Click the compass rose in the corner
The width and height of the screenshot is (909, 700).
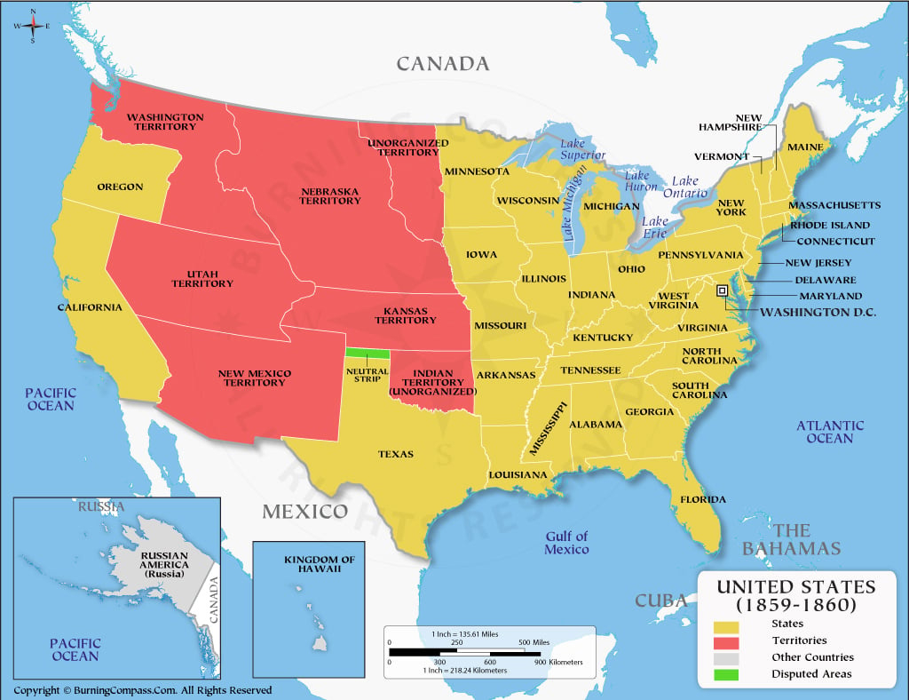[x=33, y=26]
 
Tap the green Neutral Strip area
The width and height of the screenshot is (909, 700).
[x=366, y=354]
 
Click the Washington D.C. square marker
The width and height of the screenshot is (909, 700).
[x=723, y=290]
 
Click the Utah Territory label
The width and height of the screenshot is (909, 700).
[x=202, y=278]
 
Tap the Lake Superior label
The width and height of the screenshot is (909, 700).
[x=582, y=149]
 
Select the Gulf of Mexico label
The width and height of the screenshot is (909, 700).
[x=567, y=543]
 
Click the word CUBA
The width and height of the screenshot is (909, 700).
[x=661, y=601]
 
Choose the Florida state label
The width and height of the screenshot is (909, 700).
[x=703, y=499]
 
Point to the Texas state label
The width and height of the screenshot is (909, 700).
[x=396, y=454]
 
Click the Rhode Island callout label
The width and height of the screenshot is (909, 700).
[x=829, y=225]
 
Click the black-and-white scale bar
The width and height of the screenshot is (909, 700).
[x=464, y=653]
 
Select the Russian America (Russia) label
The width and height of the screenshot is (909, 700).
[x=164, y=564]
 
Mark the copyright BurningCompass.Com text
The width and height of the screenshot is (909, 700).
[x=142, y=690]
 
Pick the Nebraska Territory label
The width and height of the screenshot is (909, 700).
[x=330, y=195]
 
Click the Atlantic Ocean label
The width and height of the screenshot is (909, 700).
[x=829, y=432]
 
